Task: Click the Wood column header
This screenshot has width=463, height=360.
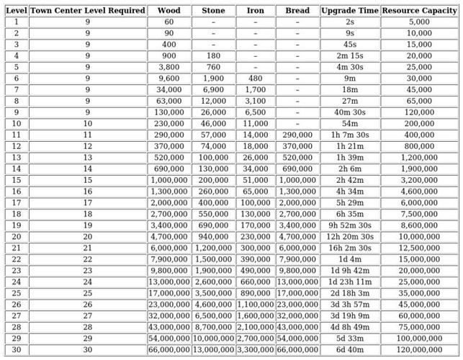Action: click(168, 11)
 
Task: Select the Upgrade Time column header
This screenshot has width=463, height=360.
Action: click(350, 11)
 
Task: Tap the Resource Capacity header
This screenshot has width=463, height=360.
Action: click(420, 11)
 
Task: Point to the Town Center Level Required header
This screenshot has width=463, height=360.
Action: click(87, 11)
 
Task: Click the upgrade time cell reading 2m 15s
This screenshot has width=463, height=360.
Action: click(350, 56)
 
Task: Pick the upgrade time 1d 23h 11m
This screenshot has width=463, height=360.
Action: click(350, 282)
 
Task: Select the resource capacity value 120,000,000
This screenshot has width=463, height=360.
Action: click(420, 349)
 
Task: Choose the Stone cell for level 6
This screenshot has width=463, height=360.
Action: click(213, 78)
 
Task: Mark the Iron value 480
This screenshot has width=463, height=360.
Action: click(256, 78)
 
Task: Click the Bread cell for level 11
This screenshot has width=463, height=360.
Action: click(297, 135)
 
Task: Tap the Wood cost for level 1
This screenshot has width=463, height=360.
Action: click(168, 22)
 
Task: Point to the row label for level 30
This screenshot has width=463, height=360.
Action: click(17, 349)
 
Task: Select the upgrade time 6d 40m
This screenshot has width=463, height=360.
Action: click(350, 349)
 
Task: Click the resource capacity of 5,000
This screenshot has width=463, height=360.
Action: click(420, 22)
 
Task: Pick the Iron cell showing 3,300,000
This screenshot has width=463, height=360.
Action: click(256, 349)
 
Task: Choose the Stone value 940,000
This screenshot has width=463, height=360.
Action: click(213, 236)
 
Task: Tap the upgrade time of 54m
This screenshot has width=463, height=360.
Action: click(350, 124)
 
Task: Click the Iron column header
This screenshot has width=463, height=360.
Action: click(256, 11)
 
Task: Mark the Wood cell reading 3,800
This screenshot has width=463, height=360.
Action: click(168, 67)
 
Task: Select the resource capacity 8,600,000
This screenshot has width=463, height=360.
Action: click(420, 225)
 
